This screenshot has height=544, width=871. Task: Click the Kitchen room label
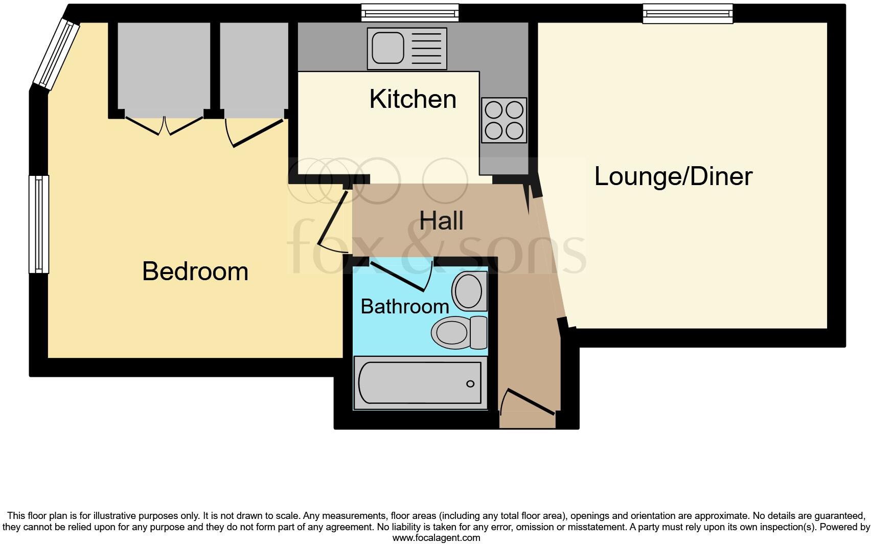[412, 99]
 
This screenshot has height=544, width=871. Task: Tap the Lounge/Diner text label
[673, 176]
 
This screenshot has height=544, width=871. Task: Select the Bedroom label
[195, 271]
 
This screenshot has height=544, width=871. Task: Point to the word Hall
[441, 221]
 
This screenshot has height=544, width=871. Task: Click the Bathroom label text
[405, 306]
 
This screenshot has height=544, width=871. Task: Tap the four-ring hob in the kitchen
[504, 120]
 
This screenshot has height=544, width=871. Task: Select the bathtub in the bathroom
[419, 383]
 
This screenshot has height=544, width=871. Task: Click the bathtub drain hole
[470, 384]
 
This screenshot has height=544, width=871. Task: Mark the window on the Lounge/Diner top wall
[687, 13]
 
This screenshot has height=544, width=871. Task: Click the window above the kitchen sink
[409, 12]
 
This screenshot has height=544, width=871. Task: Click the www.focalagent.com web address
[436, 538]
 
